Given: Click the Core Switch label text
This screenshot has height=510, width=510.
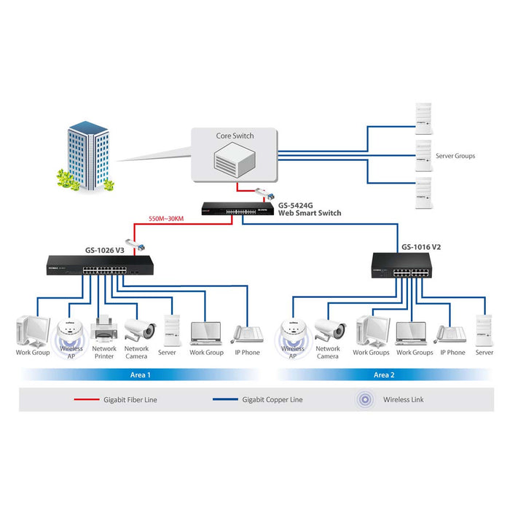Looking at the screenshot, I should pos(234,136).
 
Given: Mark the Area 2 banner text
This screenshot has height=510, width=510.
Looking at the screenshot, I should pos(384,374).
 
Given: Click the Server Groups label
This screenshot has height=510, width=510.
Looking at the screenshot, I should pos(455,156).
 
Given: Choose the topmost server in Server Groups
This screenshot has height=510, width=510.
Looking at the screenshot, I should pos(423,119).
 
